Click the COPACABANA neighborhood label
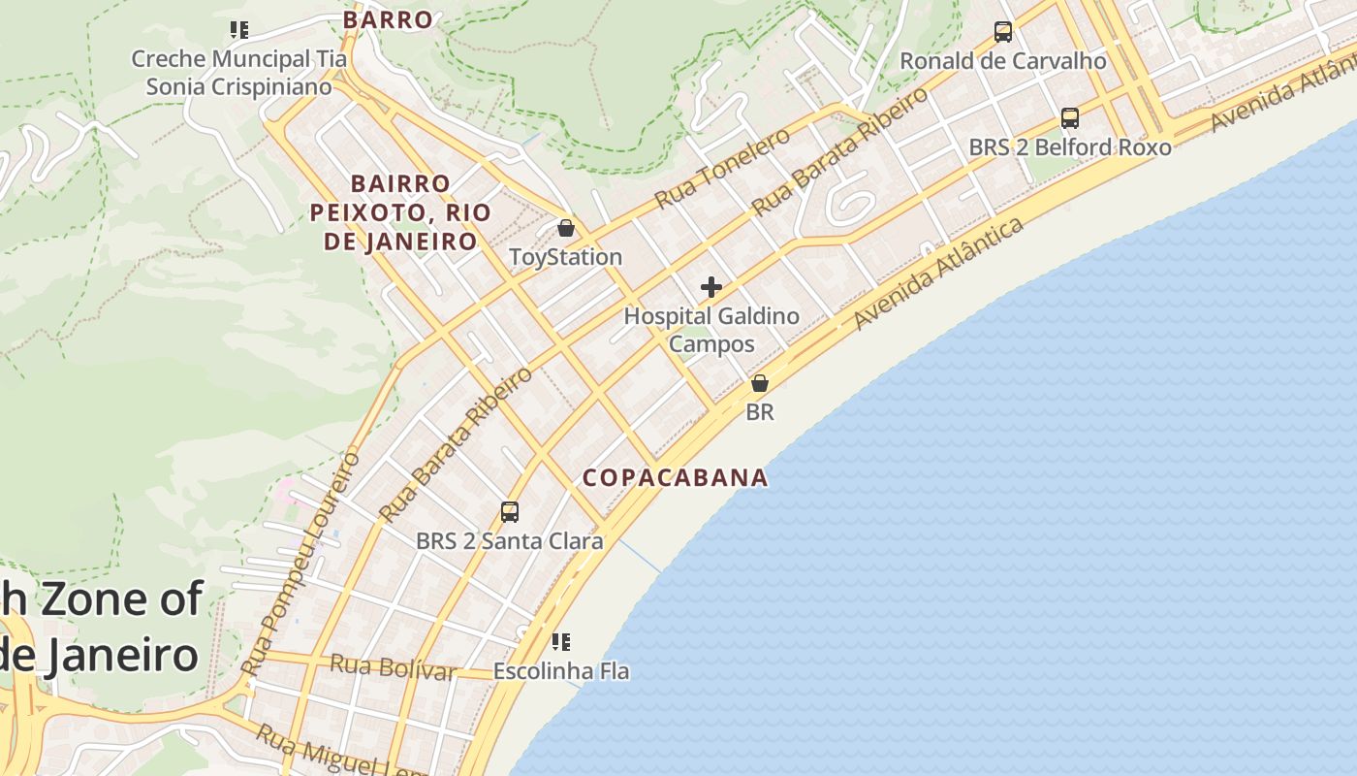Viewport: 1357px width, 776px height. [675, 477]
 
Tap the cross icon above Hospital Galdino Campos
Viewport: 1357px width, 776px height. [711, 287]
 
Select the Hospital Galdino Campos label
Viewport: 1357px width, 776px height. [711, 330]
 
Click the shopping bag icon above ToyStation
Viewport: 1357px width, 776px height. [566, 229]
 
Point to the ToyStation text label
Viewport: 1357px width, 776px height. [566, 257]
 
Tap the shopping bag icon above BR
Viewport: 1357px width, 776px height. [760, 383]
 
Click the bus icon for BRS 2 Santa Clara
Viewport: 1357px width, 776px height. [509, 512]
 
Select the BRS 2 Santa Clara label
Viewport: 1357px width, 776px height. [509, 541]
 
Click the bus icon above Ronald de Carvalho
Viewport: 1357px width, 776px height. [1003, 32]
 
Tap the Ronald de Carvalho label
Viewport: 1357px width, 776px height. [1003, 61]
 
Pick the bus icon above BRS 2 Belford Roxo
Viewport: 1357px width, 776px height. [1070, 118]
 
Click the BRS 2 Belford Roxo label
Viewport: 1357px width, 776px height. [1070, 147]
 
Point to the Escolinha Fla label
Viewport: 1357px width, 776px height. [561, 670]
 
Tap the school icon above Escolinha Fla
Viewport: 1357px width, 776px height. [560, 641]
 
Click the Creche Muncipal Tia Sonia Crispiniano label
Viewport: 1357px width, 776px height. [238, 73]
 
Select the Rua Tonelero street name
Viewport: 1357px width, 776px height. [722, 169]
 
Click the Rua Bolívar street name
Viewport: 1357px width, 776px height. [393, 667]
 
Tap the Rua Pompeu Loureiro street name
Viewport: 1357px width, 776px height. [302, 563]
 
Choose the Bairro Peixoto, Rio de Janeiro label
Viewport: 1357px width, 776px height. [400, 212]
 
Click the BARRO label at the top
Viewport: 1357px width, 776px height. [388, 19]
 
